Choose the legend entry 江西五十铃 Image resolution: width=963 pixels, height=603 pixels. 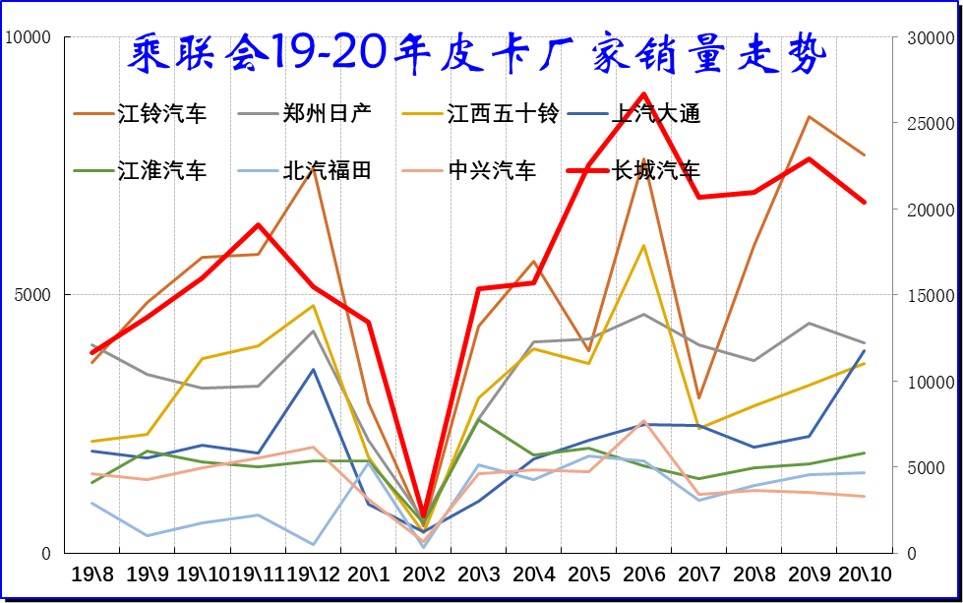coord(502,114)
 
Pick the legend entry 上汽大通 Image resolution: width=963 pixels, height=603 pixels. coord(656,114)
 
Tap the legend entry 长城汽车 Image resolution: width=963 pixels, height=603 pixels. coord(656,171)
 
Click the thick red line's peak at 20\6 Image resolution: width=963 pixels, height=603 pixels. coord(643,94)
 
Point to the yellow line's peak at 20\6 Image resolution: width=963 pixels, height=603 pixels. coord(643,245)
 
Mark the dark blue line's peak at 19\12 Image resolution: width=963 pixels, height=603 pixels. coord(313,369)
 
